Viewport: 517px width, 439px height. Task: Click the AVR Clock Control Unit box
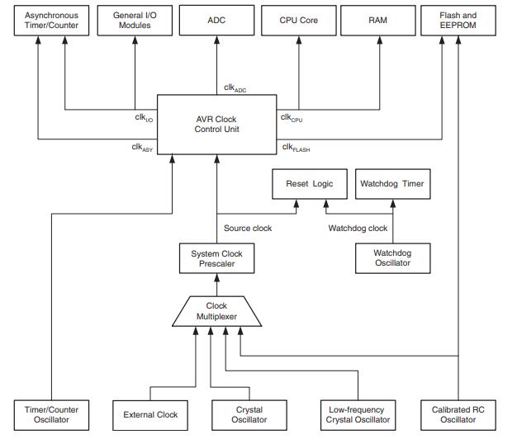point(216,123)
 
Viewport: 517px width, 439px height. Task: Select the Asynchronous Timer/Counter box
point(51,21)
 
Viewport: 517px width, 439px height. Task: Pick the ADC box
point(216,21)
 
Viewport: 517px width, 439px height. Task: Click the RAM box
point(377,21)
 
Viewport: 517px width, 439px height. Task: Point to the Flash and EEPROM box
point(459,21)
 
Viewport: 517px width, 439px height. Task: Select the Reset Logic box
point(310,184)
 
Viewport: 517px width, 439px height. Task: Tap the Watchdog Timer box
point(391,184)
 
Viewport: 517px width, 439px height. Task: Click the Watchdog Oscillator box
point(391,257)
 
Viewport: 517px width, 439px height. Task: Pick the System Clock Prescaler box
point(216,257)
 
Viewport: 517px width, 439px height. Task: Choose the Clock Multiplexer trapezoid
point(216,311)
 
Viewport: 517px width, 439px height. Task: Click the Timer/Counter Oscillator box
point(51,414)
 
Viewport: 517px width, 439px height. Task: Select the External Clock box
point(149,414)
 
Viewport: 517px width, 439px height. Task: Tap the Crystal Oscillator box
point(249,414)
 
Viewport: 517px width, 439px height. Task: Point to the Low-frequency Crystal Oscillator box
point(357,414)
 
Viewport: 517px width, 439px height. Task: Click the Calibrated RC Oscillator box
point(459,414)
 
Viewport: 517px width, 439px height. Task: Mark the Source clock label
point(248,228)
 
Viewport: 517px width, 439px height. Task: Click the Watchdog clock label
point(358,228)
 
